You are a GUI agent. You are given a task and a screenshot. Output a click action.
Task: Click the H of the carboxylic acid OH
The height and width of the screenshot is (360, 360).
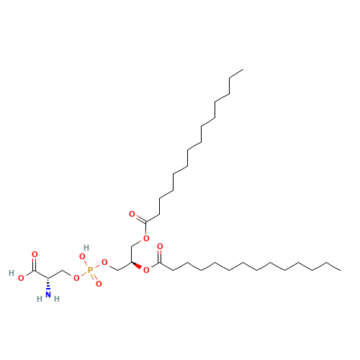click(x=12, y=273)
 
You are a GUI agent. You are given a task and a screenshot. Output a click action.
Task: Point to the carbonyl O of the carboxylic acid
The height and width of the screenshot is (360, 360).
click(x=34, y=254)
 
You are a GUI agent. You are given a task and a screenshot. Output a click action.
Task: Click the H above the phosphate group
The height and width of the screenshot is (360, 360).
click(x=86, y=247)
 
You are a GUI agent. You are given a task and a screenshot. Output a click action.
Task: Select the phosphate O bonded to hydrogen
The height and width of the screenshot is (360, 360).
click(x=83, y=256)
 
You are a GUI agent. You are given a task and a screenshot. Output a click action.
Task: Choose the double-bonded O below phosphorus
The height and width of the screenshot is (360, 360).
click(x=98, y=284)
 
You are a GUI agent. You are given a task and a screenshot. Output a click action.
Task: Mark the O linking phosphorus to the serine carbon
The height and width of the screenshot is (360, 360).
click(x=76, y=277)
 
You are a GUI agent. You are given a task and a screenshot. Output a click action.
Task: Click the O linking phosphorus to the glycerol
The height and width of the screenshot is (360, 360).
click(x=104, y=262)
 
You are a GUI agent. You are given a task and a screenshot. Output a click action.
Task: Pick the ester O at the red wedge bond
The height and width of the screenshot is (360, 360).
click(x=146, y=270)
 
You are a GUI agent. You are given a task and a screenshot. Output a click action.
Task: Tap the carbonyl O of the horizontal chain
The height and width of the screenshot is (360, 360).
click(x=160, y=247)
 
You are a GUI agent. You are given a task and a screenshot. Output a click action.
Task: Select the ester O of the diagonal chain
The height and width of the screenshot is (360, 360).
click(x=146, y=238)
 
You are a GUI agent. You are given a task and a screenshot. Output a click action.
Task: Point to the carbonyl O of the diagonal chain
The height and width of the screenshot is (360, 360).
click(x=132, y=214)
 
